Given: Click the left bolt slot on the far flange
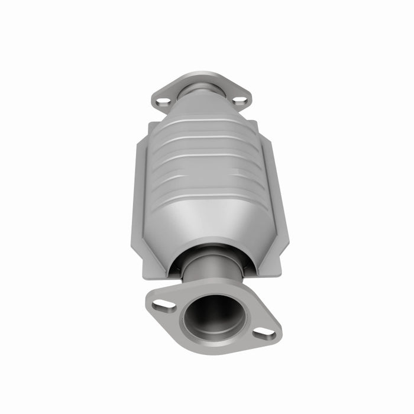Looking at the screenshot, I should point(164,102).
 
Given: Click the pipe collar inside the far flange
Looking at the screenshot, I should point(201,90).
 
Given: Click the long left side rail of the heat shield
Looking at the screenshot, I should point(137,201).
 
